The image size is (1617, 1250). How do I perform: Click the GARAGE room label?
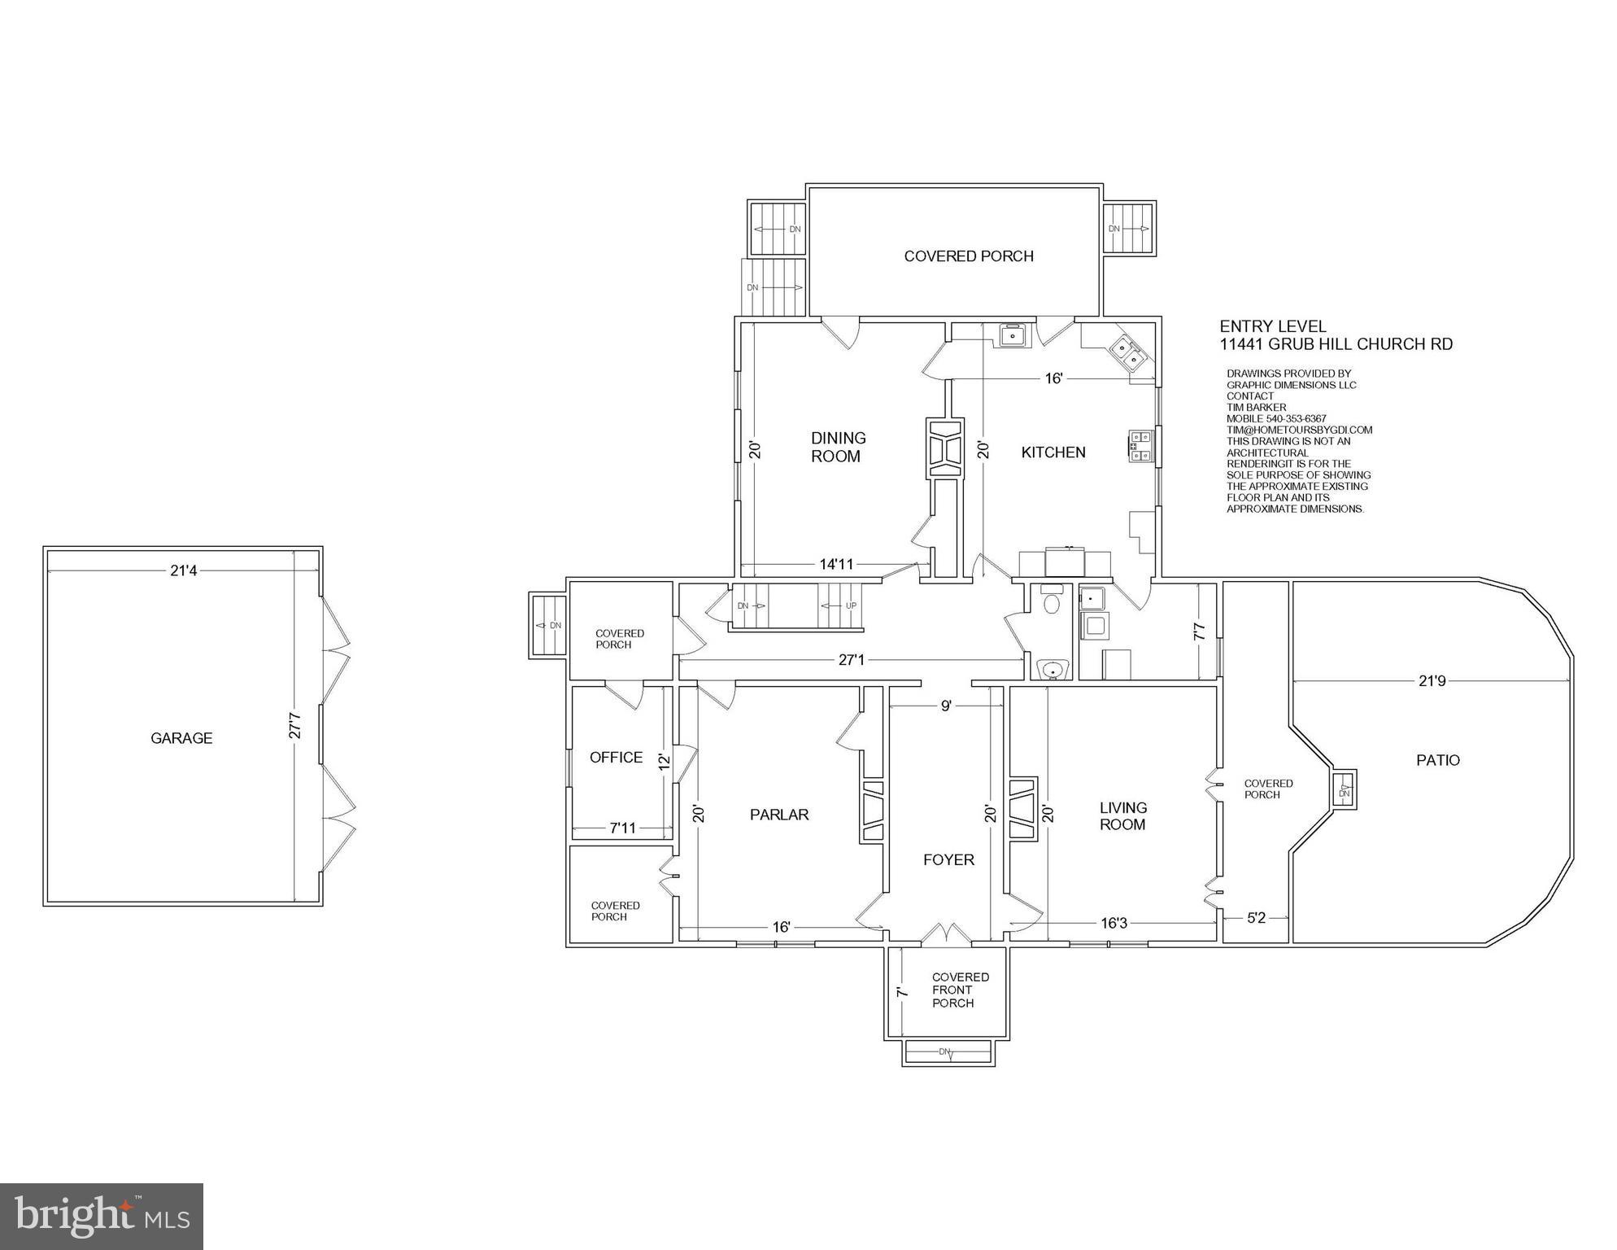click(x=181, y=738)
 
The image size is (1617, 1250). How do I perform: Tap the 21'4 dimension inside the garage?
click(x=184, y=571)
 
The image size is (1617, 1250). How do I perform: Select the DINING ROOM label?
click(x=838, y=448)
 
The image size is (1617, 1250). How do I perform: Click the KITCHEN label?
click(x=1053, y=452)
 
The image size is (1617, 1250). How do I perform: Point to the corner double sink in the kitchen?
click(x=1128, y=352)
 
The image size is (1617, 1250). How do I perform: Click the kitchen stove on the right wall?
click(x=1139, y=446)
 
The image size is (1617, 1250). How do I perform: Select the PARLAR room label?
click(x=779, y=815)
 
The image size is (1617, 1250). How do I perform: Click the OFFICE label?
click(x=616, y=758)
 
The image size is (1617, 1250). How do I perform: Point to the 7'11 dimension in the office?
click(x=622, y=828)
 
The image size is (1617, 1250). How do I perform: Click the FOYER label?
click(x=948, y=860)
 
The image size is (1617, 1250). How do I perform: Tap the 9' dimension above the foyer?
click(x=946, y=706)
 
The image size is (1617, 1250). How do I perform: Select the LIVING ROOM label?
click(x=1122, y=816)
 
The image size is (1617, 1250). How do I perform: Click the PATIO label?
click(x=1438, y=760)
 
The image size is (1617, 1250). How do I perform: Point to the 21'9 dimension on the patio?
click(x=1432, y=681)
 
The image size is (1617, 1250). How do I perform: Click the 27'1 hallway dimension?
click(x=851, y=660)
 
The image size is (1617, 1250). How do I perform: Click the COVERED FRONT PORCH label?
click(x=960, y=990)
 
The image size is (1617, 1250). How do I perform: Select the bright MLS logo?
click(x=102, y=1217)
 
